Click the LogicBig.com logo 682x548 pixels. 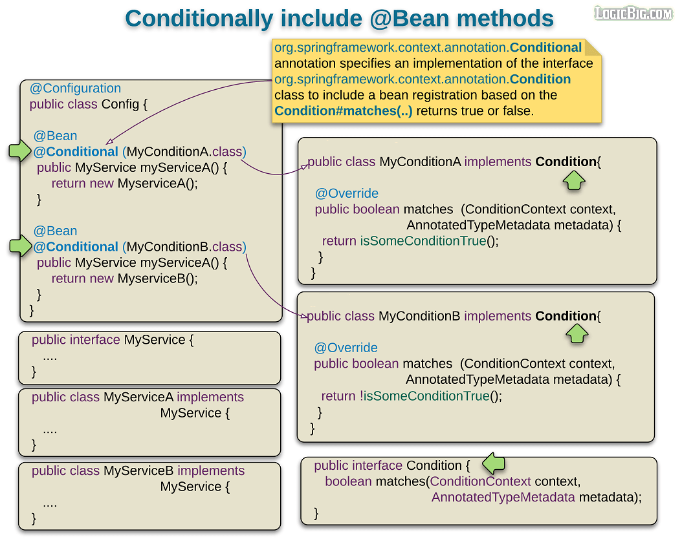pyautogui.click(x=633, y=13)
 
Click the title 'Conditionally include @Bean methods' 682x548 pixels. pyautogui.click(x=339, y=18)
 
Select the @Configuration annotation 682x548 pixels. pyautogui.click(x=75, y=89)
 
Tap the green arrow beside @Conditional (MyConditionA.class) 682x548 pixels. pyautogui.click(x=20, y=152)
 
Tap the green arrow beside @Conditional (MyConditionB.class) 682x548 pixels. pyautogui.click(x=20, y=246)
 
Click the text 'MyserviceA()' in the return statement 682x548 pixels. pyautogui.click(x=157, y=184)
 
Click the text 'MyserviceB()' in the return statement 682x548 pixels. pyautogui.click(x=157, y=279)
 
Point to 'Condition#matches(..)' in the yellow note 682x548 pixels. pyautogui.click(x=343, y=111)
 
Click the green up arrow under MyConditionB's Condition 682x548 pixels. pyautogui.click(x=577, y=334)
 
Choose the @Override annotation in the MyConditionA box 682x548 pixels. pyautogui.click(x=346, y=193)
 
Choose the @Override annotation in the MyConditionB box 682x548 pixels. pyautogui.click(x=346, y=348)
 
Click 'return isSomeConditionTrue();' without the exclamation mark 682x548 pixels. pyautogui.click(x=410, y=241)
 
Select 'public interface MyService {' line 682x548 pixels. pyautogui.click(x=113, y=340)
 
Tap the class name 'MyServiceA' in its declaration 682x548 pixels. pyautogui.click(x=138, y=397)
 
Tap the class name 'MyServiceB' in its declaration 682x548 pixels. pyautogui.click(x=138, y=471)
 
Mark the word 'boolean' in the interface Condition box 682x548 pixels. pyautogui.click(x=348, y=481)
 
